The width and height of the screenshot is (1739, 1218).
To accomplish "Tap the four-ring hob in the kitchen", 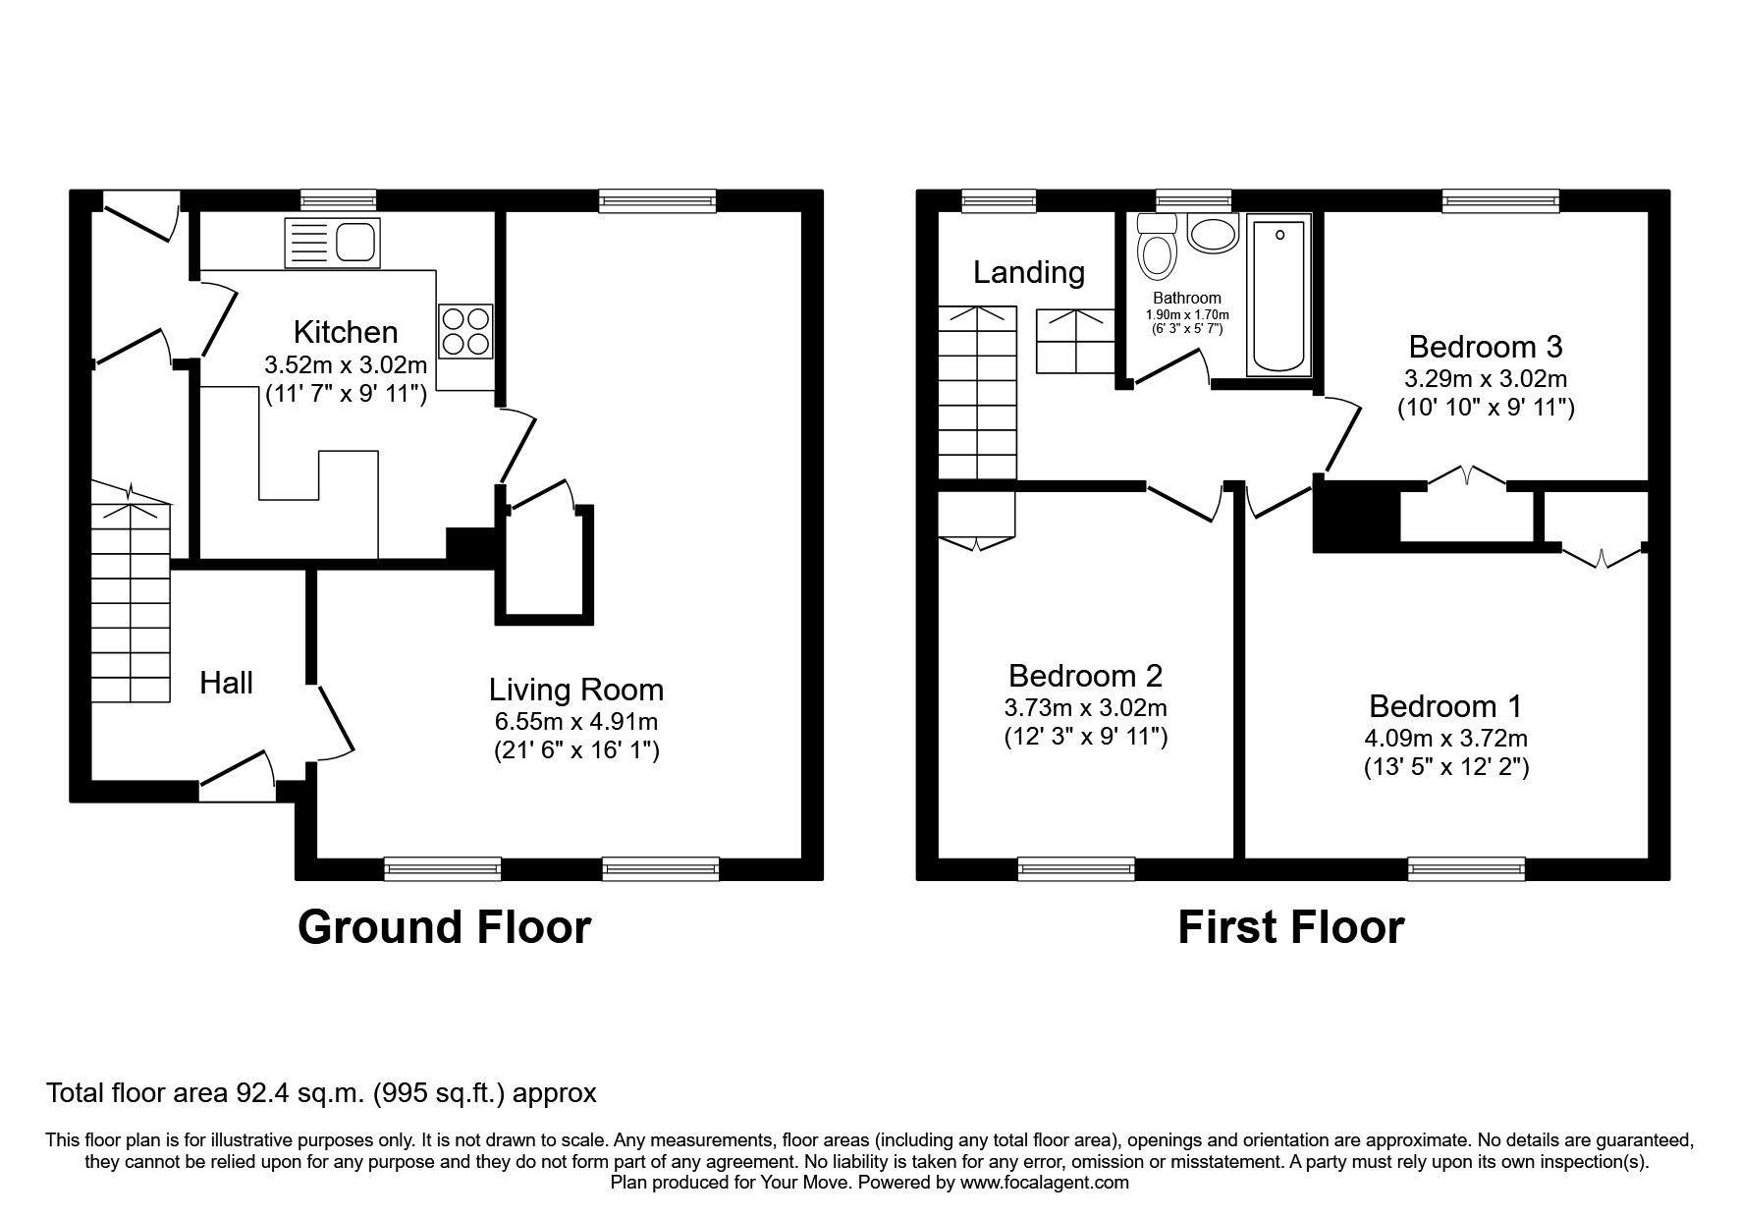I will coord(465,331).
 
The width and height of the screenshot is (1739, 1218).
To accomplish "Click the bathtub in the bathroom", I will coord(1278,297).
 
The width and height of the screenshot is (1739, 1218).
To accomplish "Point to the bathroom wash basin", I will coord(1215,235).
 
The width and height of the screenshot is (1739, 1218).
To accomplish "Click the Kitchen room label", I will coord(346,331).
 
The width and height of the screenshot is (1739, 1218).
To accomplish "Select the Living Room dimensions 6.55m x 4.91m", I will coord(575,722).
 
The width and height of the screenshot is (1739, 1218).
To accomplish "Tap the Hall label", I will coord(227,683).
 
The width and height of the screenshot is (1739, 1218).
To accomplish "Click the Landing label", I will coord(1028,272).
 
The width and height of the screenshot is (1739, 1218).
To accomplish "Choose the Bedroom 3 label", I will coord(1485,346).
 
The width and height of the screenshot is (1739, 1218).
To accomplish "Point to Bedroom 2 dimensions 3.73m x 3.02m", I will coord(1085,707).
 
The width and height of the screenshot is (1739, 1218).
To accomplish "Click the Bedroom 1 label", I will coord(1445,705).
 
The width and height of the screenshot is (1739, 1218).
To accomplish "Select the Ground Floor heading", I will coord(444,927).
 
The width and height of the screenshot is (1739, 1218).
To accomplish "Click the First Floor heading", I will coord(1290,927).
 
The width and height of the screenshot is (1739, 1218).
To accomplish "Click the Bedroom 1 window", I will coord(1466,867).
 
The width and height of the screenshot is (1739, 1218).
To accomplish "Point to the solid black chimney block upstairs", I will coord(1356,517).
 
